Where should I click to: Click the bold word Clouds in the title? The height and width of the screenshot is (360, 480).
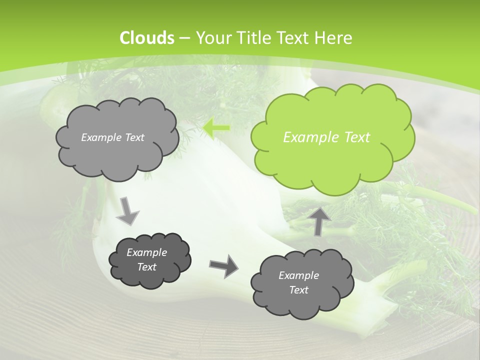coord(147,38)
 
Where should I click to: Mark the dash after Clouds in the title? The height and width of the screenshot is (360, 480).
coord(184,38)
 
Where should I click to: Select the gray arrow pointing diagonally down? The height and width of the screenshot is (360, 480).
coord(127,210)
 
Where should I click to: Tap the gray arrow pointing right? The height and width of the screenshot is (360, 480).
coord(223,265)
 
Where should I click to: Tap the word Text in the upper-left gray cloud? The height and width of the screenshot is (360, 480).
coord(134,137)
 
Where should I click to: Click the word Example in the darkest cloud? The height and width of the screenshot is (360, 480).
coord(147,252)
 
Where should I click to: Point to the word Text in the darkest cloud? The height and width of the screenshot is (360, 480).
coord(147,267)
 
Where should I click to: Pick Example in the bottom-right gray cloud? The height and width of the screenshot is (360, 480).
coord(298,275)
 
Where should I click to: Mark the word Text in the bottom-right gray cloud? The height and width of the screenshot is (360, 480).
coord(298,290)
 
